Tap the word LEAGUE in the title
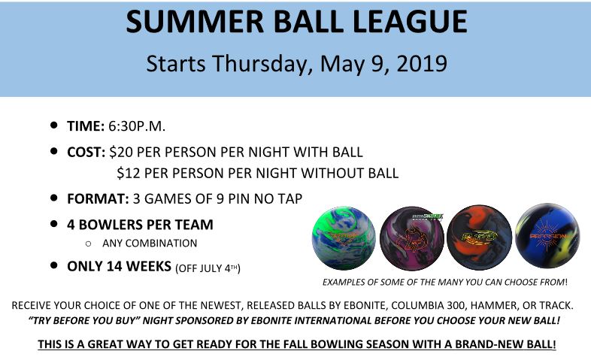pyautogui.click(x=410, y=22)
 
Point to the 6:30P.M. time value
pyautogui.click(x=137, y=126)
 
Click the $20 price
pyautogui.click(x=119, y=152)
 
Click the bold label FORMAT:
pyautogui.click(x=98, y=199)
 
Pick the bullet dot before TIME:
pyautogui.click(x=54, y=125)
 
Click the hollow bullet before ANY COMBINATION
pyautogui.click(x=88, y=244)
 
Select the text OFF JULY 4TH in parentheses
pyautogui.click(x=208, y=268)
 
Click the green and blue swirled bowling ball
pyautogui.click(x=344, y=238)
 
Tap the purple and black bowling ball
pyautogui.click(x=412, y=238)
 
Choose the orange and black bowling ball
pyautogui.click(x=479, y=238)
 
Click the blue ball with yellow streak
pyautogui.click(x=547, y=236)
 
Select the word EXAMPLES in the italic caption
pyautogui.click(x=345, y=282)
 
